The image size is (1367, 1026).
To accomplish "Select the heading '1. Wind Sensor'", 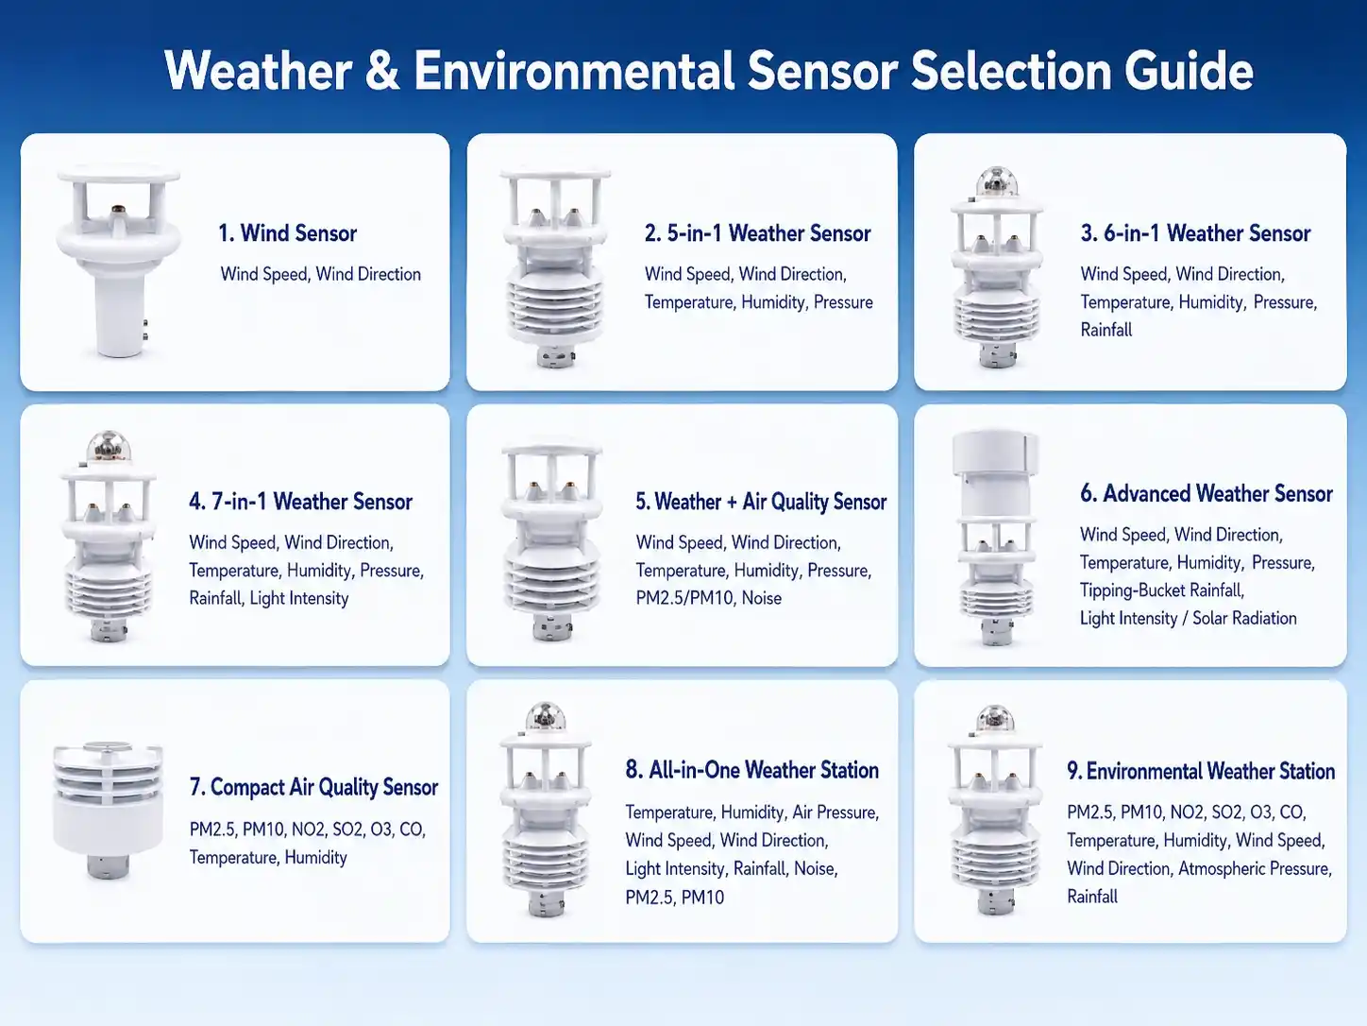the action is pyautogui.click(x=287, y=233).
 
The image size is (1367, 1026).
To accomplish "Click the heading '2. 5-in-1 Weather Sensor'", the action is pyautogui.click(x=757, y=233).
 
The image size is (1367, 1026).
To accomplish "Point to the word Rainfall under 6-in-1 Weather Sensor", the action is pyautogui.click(x=1106, y=330).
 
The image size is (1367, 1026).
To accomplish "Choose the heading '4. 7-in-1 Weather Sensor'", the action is pyautogui.click(x=300, y=502).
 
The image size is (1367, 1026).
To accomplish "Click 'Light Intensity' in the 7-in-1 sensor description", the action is pyautogui.click(x=299, y=598).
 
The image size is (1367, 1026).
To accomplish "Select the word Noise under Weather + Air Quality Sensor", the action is pyautogui.click(x=762, y=598).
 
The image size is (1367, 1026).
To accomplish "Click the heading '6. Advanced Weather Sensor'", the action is pyautogui.click(x=1207, y=493).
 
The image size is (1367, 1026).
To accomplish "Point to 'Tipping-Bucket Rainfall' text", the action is pyautogui.click(x=1161, y=590).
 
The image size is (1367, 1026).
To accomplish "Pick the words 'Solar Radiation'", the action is pyautogui.click(x=1244, y=618).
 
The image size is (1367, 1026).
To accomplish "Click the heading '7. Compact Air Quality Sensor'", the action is pyautogui.click(x=313, y=787).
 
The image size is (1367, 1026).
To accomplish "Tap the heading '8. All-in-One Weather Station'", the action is pyautogui.click(x=751, y=770).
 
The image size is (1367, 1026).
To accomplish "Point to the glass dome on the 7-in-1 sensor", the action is pyautogui.click(x=109, y=447).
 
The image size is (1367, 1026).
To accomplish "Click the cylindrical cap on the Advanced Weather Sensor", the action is pyautogui.click(x=995, y=451).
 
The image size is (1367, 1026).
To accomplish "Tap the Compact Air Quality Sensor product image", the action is pyautogui.click(x=108, y=810).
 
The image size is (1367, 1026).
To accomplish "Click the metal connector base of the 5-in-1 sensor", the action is pyautogui.click(x=555, y=357).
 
